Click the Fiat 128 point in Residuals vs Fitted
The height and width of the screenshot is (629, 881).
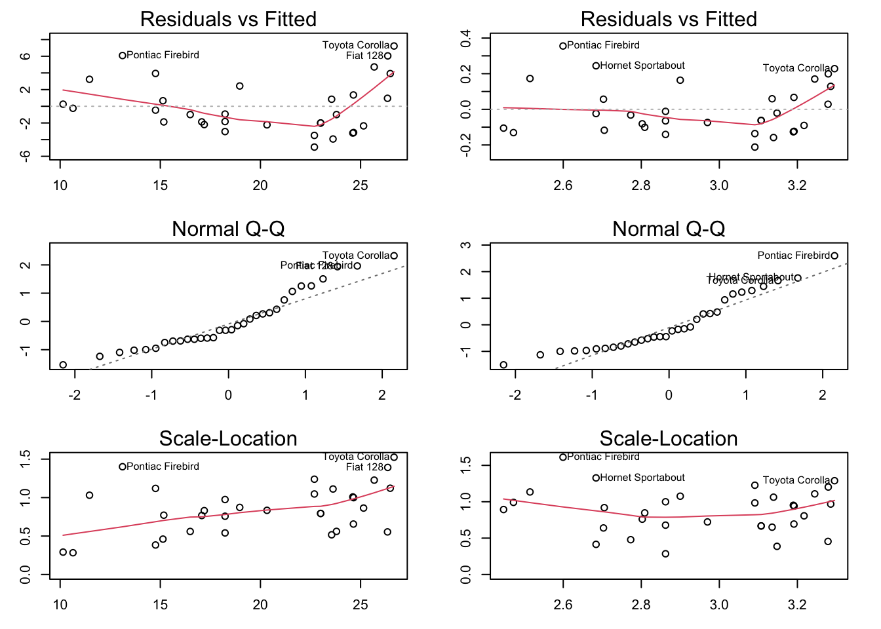coord(387,56)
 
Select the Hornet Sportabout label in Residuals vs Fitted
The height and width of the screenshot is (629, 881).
coord(642,66)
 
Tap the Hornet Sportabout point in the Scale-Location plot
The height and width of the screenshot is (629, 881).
coord(596,478)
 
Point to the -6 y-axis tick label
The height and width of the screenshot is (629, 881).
coord(25,156)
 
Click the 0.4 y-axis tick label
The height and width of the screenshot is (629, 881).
coord(465,39)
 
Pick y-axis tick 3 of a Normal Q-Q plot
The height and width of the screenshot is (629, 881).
coord(465,246)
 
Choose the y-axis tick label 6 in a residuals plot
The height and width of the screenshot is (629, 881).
coord(25,56)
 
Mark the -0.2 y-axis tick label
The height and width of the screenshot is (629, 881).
coord(465,145)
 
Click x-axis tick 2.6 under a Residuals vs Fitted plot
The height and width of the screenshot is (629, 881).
coord(562,185)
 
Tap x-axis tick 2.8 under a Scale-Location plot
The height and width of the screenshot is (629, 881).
coord(640,605)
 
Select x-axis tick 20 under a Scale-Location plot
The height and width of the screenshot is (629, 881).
coord(260,605)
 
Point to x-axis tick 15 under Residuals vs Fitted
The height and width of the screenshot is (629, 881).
coord(160,185)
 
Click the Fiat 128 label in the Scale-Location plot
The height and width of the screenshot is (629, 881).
coord(364,467)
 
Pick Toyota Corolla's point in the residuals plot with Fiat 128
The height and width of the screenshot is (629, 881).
coord(394,46)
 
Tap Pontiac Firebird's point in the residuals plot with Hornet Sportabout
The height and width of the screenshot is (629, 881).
coord(562,46)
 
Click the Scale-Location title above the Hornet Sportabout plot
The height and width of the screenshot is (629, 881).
coord(669,438)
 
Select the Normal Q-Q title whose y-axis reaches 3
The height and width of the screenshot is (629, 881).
coord(669,229)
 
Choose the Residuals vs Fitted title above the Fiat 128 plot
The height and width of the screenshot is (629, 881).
coord(228,19)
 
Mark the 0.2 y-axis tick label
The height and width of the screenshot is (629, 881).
coord(465,74)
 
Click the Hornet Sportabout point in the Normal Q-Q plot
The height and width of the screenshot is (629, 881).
coord(798,278)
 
